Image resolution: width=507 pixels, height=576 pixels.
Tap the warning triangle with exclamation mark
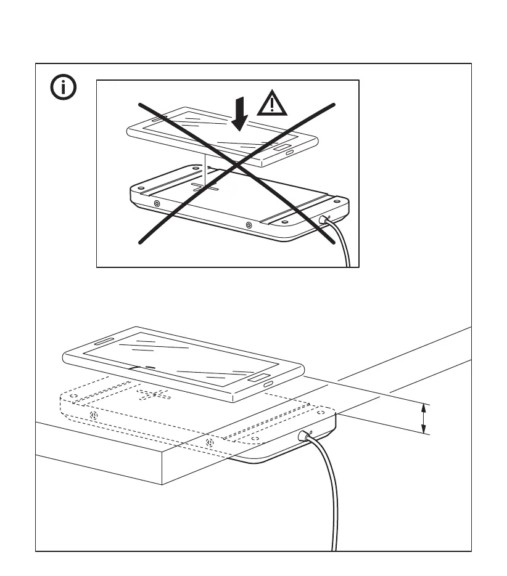272,103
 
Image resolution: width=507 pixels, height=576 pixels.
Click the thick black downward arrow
240,115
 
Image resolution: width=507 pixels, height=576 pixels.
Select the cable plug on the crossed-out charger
324,219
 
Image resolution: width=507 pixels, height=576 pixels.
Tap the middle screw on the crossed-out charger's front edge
248,225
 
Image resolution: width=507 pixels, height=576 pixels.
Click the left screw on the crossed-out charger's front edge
157,203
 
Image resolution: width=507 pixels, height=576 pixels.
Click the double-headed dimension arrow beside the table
424,418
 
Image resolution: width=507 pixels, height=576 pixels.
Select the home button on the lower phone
259,377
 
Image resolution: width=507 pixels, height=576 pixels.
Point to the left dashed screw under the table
94,416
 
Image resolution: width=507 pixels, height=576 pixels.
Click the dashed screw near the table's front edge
210,442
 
